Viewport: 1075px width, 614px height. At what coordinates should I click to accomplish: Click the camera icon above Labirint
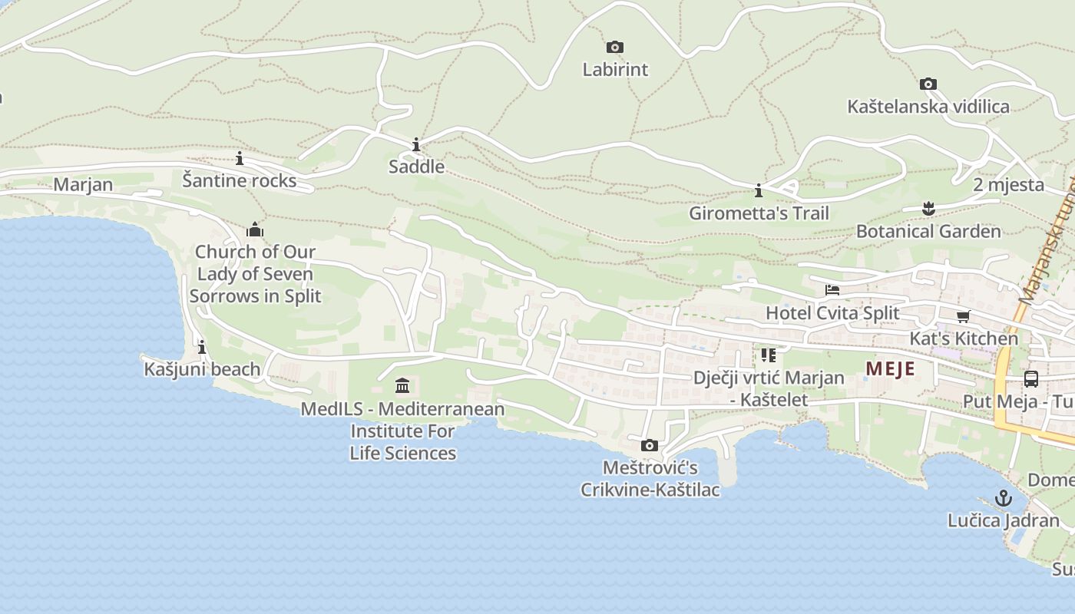[614, 48]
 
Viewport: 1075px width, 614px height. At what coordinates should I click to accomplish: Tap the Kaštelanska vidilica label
[928, 107]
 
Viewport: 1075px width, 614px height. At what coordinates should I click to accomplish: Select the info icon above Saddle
[416, 145]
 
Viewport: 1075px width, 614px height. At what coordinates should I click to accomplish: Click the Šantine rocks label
[240, 180]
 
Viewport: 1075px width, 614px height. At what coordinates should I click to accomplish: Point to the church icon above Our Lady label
[255, 229]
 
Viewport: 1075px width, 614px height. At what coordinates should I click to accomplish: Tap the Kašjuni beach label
[203, 369]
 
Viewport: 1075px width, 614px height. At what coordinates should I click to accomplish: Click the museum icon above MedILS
[402, 385]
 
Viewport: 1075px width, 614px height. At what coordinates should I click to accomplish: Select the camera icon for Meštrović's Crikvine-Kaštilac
[650, 445]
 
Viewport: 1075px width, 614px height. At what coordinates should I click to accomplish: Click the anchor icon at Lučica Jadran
[1003, 498]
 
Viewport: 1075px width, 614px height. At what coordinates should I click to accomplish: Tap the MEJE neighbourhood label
[890, 368]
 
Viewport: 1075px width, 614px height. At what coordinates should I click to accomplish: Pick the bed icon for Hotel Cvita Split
[832, 290]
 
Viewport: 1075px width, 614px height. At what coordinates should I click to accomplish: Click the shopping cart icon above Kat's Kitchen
[963, 316]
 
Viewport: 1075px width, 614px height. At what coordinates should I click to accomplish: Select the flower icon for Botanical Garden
[928, 208]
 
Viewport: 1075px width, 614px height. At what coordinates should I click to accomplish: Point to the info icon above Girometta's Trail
[759, 190]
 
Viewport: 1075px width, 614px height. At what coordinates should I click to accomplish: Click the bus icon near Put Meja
[1030, 379]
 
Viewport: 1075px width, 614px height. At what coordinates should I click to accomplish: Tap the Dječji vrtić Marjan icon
[768, 355]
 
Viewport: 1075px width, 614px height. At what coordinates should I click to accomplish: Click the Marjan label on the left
[83, 185]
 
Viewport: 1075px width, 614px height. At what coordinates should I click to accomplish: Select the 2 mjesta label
[1008, 185]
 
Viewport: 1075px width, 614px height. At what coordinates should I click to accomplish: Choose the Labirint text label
[615, 70]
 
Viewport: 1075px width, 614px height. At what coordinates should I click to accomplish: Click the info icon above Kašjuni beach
[202, 347]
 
